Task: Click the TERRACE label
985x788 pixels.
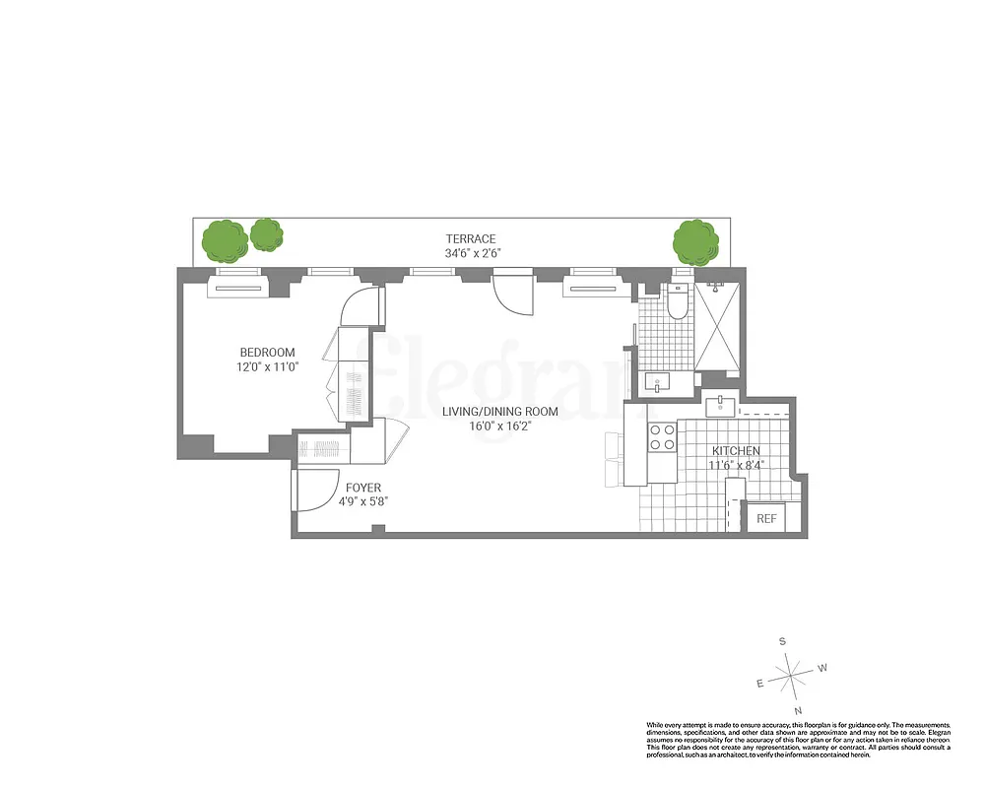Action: [470, 238]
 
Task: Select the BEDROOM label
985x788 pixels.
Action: [267, 353]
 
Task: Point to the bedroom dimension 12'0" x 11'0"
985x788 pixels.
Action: [267, 366]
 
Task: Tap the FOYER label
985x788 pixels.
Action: [362, 488]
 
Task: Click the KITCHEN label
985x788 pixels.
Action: [736, 450]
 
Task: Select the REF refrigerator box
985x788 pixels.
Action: [765, 519]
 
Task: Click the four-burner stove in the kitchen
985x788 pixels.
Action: [662, 436]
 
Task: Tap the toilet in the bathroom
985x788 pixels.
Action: [678, 304]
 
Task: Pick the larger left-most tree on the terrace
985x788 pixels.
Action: [224, 240]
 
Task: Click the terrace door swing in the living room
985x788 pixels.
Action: [512, 291]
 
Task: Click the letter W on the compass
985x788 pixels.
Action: [823, 667]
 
